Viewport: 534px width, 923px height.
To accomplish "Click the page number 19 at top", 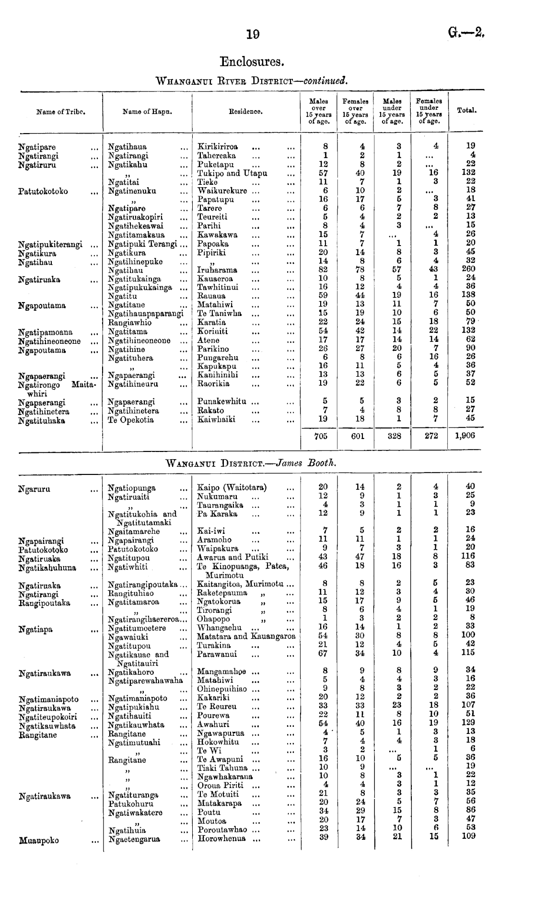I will [x=253, y=34].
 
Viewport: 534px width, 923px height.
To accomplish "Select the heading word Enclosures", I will [x=252, y=62].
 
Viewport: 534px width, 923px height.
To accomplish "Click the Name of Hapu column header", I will [x=147, y=112].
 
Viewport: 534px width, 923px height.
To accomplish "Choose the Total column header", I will [x=466, y=110].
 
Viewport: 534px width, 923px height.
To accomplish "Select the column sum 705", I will [x=321, y=436].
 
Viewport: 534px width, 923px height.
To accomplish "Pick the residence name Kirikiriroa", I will [x=218, y=146].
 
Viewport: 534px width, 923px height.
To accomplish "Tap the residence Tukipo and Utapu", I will [x=232, y=173].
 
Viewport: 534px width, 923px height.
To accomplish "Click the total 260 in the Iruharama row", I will [x=468, y=269].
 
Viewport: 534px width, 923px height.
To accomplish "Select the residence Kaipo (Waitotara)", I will [x=232, y=488].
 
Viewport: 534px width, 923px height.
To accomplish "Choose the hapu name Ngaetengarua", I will [x=134, y=839].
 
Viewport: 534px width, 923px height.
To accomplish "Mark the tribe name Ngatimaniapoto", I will [x=48, y=699].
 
